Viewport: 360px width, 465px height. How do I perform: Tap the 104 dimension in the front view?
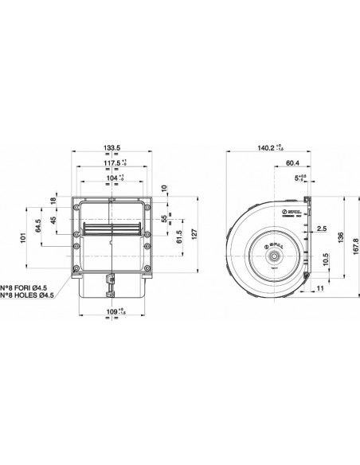pos(114,179)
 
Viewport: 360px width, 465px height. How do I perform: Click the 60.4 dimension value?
pos(292,164)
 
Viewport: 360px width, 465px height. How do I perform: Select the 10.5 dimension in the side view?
pos(324,261)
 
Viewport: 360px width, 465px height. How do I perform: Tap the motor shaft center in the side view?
pos(273,256)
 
